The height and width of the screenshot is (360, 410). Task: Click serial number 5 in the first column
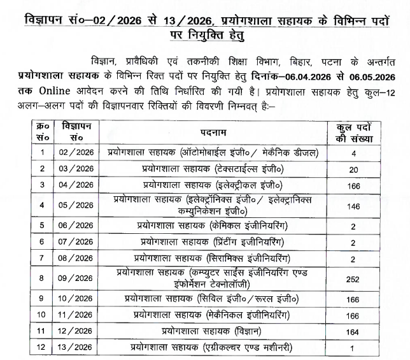tap(42, 226)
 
